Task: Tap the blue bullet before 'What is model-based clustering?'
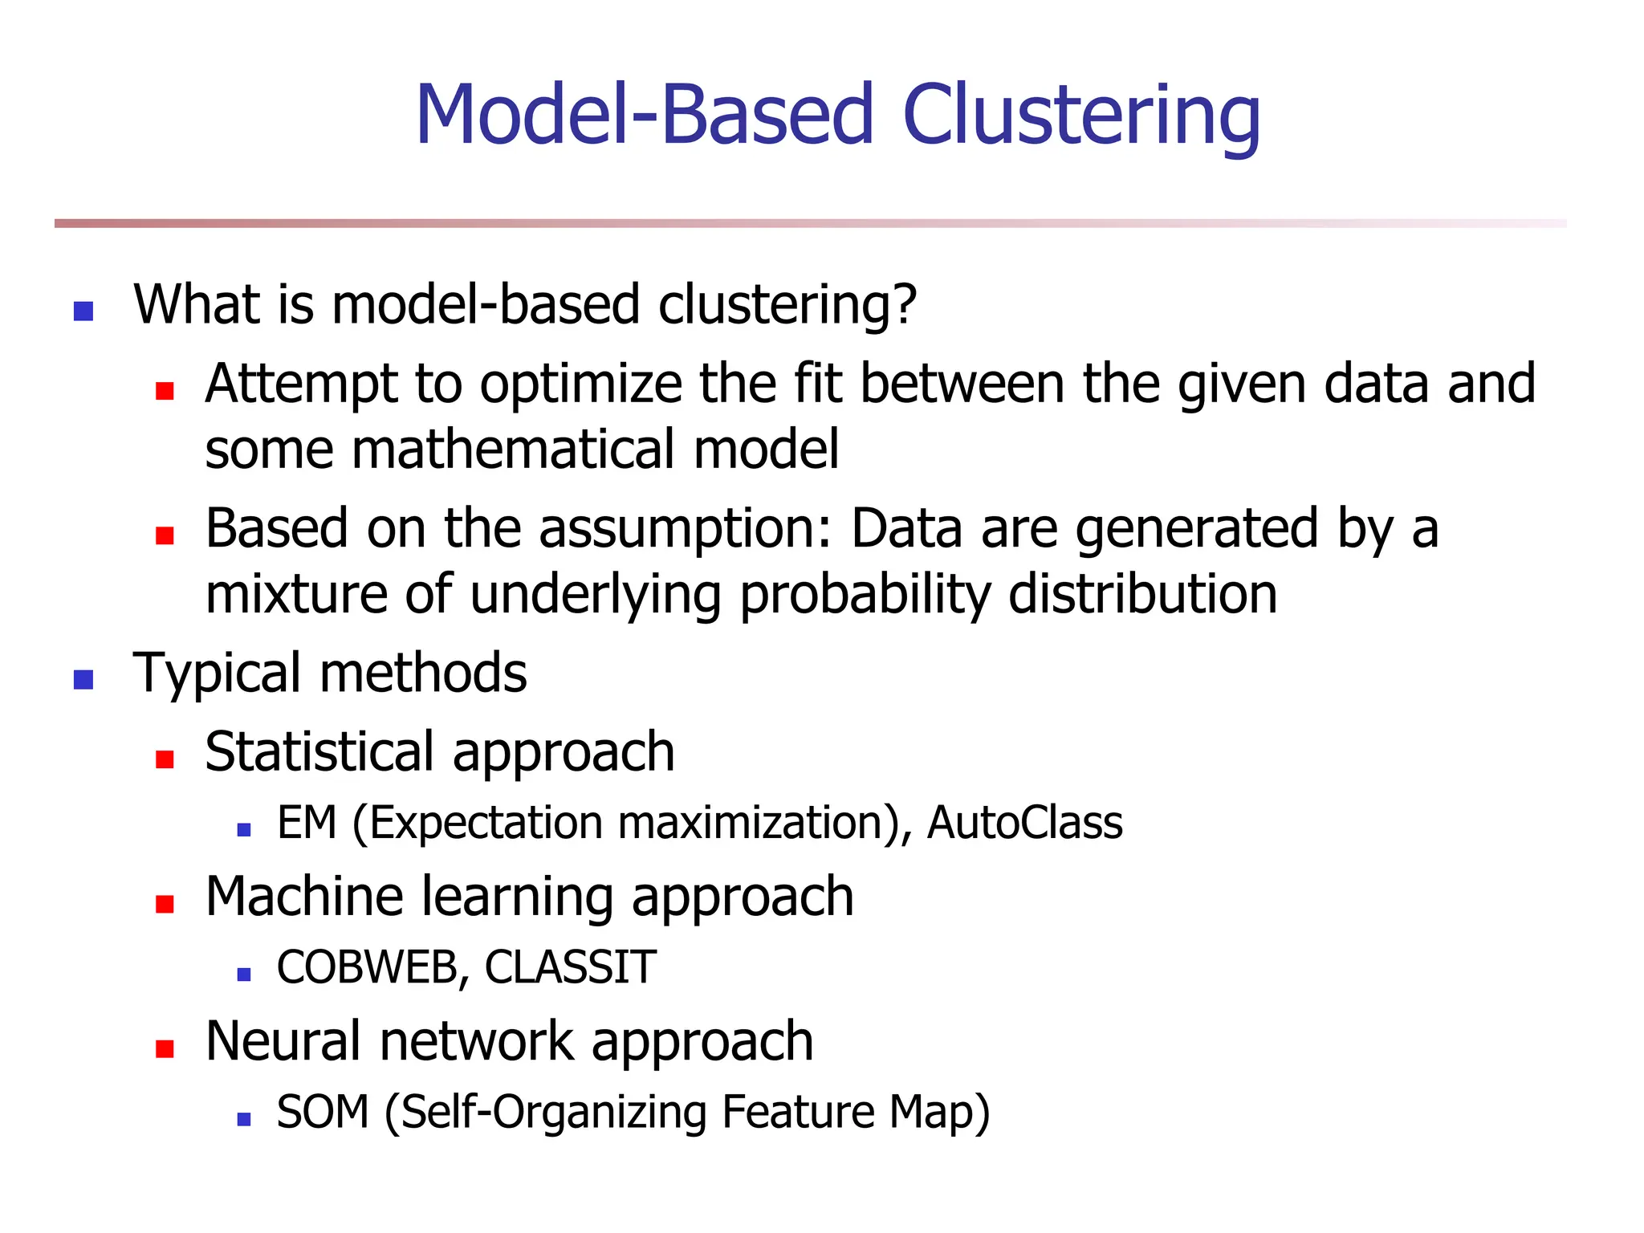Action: click(x=83, y=311)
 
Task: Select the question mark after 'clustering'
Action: click(x=905, y=305)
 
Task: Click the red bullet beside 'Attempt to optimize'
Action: click(x=165, y=391)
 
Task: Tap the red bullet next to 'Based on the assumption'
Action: click(x=165, y=535)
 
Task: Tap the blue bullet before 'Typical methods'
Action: click(x=83, y=680)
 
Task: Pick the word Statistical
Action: click(x=319, y=752)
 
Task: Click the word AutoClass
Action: click(x=1024, y=824)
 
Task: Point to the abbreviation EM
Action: click(x=306, y=824)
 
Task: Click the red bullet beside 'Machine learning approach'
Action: click(x=165, y=905)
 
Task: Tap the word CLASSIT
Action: click(x=570, y=967)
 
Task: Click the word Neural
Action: click(x=283, y=1041)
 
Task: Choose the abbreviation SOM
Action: click(x=323, y=1113)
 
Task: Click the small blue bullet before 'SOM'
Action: click(x=245, y=1119)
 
